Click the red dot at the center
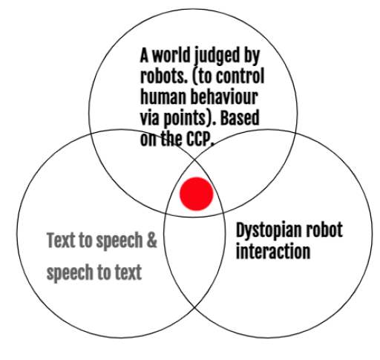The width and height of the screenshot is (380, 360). tap(197, 194)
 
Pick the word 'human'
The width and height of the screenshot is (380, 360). tap(163, 96)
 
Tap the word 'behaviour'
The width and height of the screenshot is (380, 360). tap(224, 96)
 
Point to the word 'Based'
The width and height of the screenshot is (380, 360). tap(240, 117)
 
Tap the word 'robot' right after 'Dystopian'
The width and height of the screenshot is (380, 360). tap(324, 229)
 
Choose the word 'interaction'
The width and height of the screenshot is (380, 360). tap(273, 251)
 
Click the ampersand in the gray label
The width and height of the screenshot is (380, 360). tap(151, 240)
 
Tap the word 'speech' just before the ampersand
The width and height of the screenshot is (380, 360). tap(119, 242)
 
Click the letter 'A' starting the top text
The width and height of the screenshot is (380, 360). tap(144, 55)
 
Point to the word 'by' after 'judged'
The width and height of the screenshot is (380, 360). tap(252, 57)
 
